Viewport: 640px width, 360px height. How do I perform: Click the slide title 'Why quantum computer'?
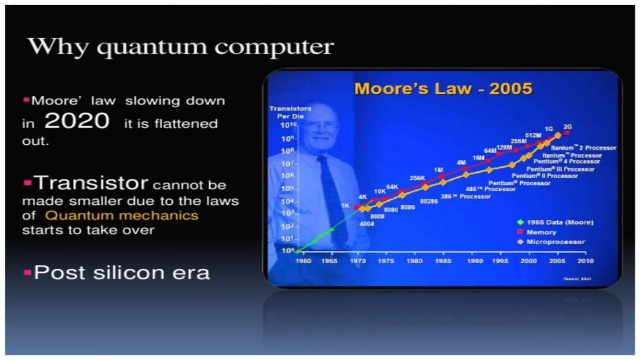[x=181, y=47]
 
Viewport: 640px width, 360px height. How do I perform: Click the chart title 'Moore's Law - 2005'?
[x=443, y=88]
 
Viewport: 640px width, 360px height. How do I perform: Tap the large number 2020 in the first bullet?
[x=77, y=121]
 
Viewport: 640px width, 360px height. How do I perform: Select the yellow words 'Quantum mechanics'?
[x=122, y=216]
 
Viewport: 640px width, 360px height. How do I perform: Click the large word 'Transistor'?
[x=91, y=183]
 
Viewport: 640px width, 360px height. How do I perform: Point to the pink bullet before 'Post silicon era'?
[x=27, y=272]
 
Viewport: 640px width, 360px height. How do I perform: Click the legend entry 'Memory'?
[x=541, y=232]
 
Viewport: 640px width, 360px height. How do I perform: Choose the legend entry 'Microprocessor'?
[x=556, y=242]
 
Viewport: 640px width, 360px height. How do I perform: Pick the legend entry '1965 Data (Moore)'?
[x=560, y=222]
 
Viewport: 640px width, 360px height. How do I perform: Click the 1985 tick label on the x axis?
[x=443, y=261]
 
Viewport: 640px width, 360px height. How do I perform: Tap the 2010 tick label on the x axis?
[x=585, y=261]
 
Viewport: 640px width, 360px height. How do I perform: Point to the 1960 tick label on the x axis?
[x=303, y=261]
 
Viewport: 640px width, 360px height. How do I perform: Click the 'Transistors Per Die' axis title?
[x=290, y=112]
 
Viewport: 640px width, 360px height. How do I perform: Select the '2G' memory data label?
[x=567, y=127]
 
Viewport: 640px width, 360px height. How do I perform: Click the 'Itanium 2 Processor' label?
[x=583, y=148]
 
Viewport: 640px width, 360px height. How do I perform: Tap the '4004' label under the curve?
[x=367, y=224]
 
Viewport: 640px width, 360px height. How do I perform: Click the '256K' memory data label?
[x=417, y=178]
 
